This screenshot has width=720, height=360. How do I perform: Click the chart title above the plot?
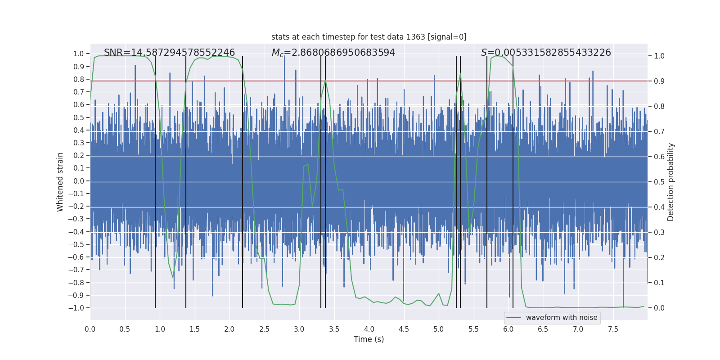point(369,37)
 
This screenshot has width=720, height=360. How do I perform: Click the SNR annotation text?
point(169,53)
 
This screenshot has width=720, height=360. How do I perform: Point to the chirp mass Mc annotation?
point(333,53)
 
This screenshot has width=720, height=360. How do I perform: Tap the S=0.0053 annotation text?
point(546,53)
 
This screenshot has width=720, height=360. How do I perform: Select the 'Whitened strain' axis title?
point(60,182)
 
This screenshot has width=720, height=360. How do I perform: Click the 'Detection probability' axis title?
point(671,182)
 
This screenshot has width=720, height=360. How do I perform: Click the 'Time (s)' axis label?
point(369,339)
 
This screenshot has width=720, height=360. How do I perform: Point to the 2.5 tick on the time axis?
point(264,329)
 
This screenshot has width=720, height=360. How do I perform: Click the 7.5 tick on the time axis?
point(613,329)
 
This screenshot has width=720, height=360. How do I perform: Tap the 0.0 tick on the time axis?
point(90,329)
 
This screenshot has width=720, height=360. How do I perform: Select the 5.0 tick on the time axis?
point(439,329)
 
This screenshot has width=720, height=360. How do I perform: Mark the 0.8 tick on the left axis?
point(79,79)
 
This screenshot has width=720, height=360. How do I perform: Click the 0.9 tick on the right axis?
point(659,81)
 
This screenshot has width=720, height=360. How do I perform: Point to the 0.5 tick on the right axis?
point(659,182)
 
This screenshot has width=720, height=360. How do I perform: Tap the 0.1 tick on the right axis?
point(659,283)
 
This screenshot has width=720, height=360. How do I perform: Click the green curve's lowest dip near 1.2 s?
point(173,278)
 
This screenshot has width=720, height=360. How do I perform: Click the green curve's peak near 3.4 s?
point(325,81)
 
